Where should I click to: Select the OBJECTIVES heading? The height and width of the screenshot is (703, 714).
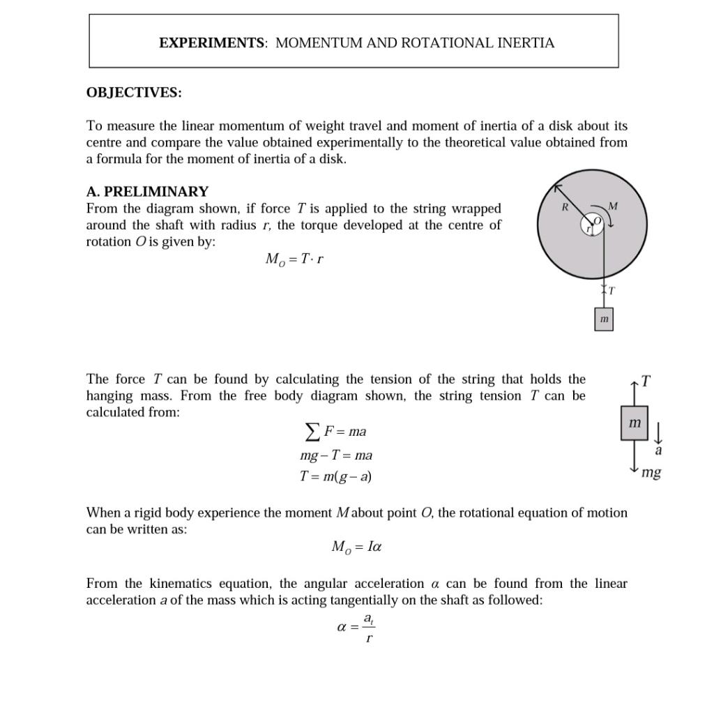(134, 93)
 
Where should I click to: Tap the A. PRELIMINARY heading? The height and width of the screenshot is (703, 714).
(147, 191)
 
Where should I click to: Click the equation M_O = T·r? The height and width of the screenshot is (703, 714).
(294, 259)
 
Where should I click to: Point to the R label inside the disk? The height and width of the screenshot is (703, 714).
(565, 207)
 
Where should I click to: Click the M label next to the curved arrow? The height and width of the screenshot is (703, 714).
(613, 206)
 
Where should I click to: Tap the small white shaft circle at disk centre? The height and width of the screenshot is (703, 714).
(592, 224)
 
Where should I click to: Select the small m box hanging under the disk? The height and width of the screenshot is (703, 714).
(604, 319)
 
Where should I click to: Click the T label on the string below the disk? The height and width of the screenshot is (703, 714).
(612, 290)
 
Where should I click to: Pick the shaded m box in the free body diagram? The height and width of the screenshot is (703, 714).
(634, 423)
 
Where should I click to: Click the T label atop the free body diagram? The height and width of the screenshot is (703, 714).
(646, 381)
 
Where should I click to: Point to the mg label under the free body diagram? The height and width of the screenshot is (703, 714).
(651, 473)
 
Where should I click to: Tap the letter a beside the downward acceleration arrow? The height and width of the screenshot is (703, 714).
(658, 451)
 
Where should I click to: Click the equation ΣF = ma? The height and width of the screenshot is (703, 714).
(336, 432)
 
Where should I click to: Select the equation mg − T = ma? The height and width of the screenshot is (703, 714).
(336, 455)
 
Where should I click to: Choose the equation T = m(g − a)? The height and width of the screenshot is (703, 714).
(335, 477)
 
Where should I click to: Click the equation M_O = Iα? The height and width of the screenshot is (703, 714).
(356, 547)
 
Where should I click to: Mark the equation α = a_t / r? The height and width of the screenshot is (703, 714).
(356, 626)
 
